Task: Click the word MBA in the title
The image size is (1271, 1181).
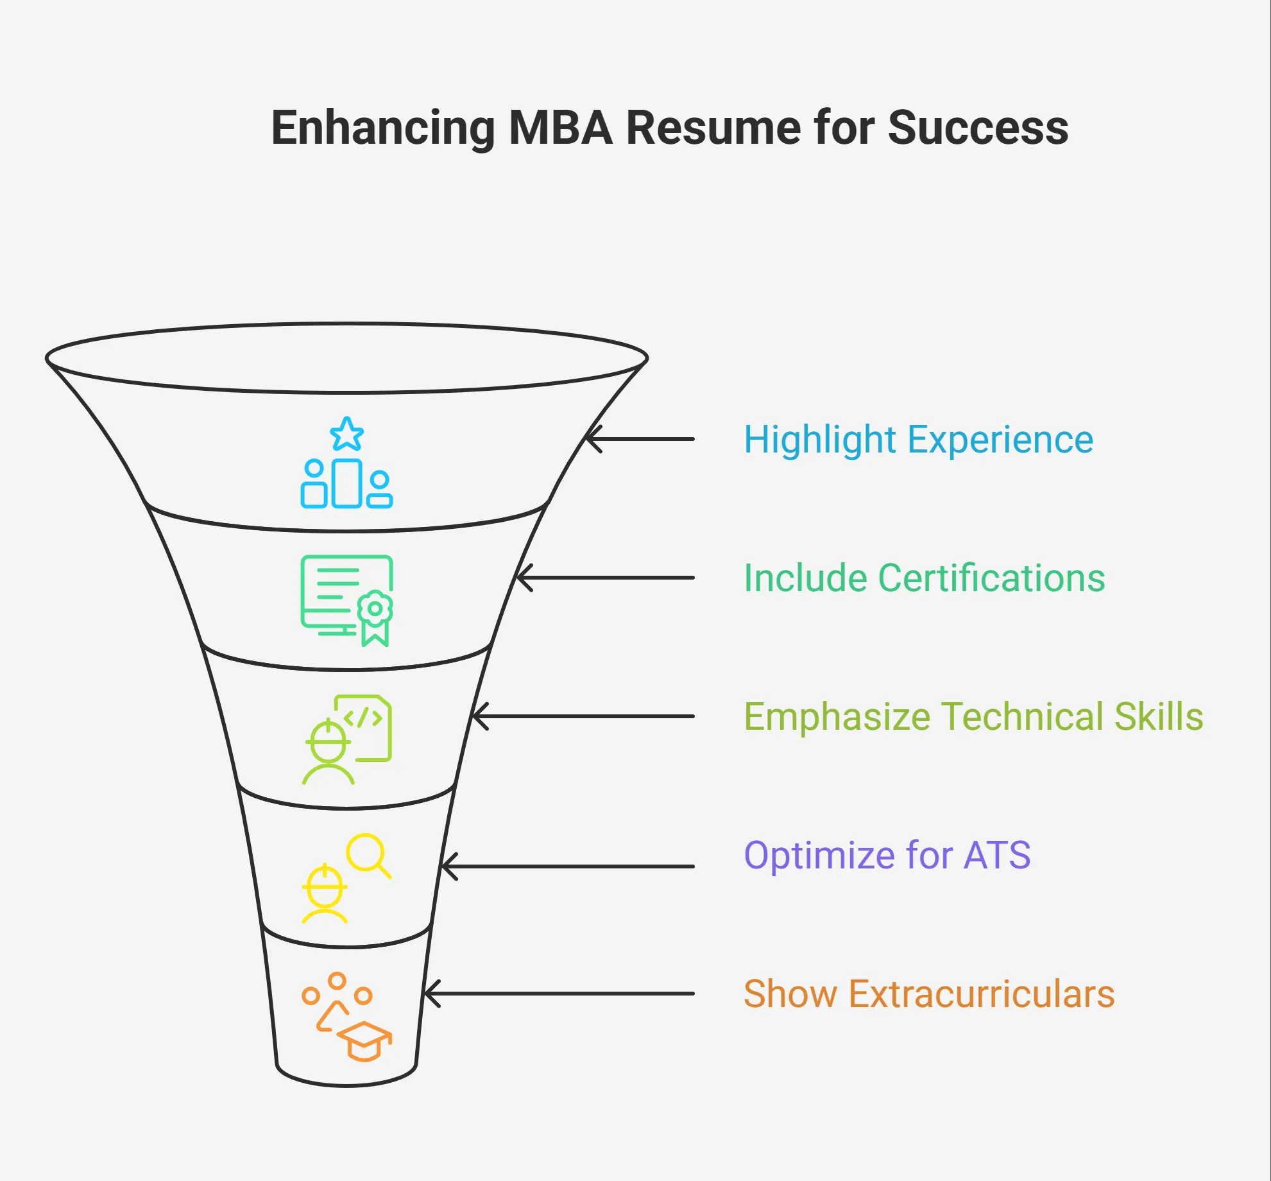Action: (x=560, y=128)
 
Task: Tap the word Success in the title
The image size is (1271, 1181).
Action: (x=978, y=128)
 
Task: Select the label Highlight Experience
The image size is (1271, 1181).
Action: (x=918, y=440)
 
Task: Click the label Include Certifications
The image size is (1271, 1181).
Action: (x=924, y=578)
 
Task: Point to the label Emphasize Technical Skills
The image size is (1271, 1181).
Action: (x=973, y=717)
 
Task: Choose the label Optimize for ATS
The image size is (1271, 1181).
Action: (x=887, y=856)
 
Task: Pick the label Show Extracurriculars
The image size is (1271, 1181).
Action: (x=928, y=994)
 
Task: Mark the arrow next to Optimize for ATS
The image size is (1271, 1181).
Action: (x=568, y=866)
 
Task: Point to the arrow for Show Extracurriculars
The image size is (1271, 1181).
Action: (x=559, y=994)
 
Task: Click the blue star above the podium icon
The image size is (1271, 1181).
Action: (x=347, y=435)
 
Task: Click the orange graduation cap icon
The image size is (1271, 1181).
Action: (x=364, y=1040)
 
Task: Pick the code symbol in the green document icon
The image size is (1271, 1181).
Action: (x=363, y=718)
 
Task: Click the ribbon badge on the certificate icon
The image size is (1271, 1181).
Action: (x=375, y=616)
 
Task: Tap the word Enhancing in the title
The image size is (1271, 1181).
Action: (x=383, y=128)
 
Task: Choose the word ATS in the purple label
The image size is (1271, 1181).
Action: (x=997, y=856)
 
